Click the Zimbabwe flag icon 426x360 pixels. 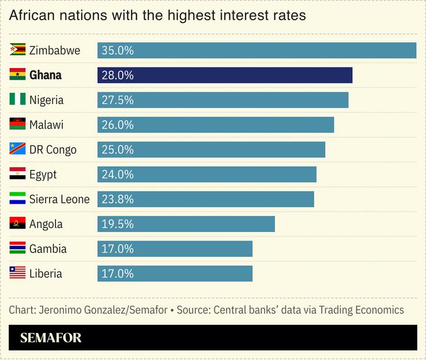(x=17, y=50)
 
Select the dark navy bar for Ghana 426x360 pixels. (x=225, y=75)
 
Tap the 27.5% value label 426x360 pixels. (x=118, y=100)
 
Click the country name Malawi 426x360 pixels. (x=46, y=125)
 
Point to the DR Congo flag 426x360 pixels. (x=17, y=149)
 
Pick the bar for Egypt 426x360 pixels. (x=207, y=174)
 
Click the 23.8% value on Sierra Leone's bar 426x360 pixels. (x=118, y=199)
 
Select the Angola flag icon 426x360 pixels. (x=17, y=224)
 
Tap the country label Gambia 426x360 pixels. (x=48, y=249)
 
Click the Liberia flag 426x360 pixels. (x=17, y=273)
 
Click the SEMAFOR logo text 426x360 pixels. (x=51, y=337)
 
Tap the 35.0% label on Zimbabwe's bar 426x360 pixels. (x=118, y=50)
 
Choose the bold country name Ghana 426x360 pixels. (x=46, y=75)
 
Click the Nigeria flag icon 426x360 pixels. (x=17, y=100)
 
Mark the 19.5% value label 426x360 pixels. (x=118, y=224)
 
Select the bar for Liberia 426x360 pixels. (x=175, y=273)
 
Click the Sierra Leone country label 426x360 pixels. (x=59, y=199)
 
